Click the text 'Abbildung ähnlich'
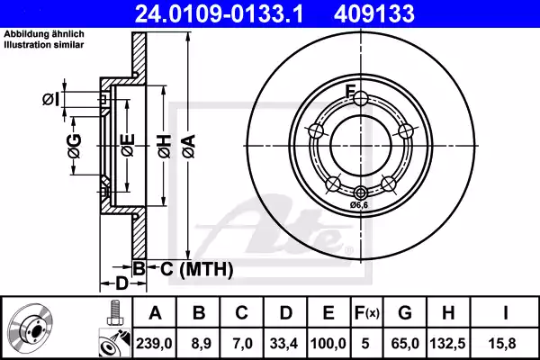point(45,35)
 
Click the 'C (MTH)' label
point(190,268)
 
